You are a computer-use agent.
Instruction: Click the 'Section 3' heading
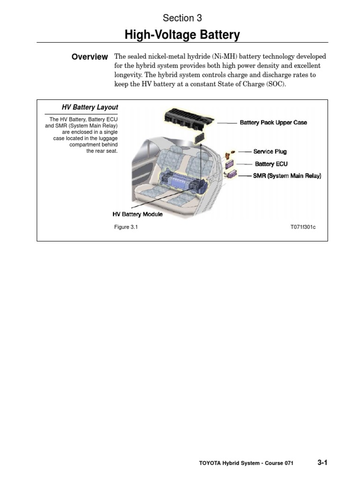(x=182, y=18)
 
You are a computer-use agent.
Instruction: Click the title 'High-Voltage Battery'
(x=182, y=35)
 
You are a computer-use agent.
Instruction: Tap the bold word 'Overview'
(x=90, y=57)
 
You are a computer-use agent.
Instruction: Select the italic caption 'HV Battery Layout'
(x=90, y=107)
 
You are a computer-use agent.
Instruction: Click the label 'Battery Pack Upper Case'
(x=273, y=123)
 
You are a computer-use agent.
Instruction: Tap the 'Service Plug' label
(x=270, y=152)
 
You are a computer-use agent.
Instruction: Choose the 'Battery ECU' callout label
(x=271, y=164)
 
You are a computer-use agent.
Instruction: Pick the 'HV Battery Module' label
(x=137, y=214)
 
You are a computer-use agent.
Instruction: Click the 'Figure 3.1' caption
(x=126, y=227)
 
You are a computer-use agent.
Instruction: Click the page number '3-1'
(x=322, y=463)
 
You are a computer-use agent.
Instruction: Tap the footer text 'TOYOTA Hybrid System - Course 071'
(x=246, y=463)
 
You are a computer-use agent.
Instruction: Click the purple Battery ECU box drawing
(x=230, y=165)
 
